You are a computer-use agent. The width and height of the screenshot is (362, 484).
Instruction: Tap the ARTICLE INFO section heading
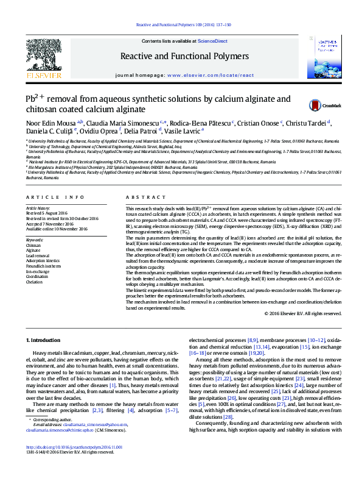[x=55, y=198]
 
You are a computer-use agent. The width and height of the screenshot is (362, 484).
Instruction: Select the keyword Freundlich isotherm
[x=43, y=266]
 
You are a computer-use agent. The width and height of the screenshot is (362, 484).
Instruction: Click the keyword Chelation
[x=34, y=282]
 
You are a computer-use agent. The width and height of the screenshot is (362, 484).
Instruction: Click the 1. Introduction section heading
[x=44, y=339]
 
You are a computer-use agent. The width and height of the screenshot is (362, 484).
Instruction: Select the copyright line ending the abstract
[x=303, y=313]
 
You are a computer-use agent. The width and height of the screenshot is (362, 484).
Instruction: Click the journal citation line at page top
[x=181, y=25]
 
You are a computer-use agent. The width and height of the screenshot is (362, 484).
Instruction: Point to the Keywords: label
[x=35, y=240]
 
